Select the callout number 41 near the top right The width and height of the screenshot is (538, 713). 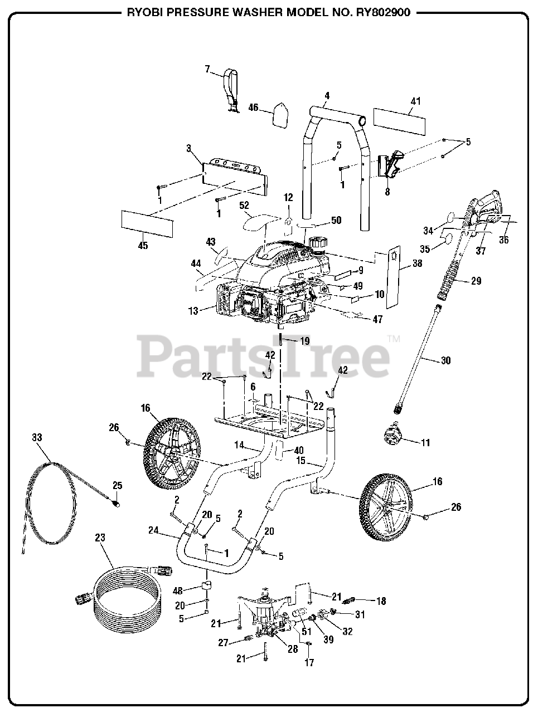[415, 101]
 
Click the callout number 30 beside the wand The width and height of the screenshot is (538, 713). [445, 360]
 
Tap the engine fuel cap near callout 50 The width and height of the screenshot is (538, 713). [320, 243]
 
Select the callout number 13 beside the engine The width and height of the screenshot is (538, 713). [193, 311]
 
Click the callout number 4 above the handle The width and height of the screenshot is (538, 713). [327, 95]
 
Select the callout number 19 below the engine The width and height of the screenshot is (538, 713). [304, 340]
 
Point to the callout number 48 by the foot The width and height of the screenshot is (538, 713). [178, 590]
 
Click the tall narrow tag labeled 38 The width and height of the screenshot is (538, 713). [394, 276]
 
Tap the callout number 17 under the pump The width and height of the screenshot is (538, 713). [309, 662]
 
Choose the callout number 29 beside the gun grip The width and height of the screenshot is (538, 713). [476, 281]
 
